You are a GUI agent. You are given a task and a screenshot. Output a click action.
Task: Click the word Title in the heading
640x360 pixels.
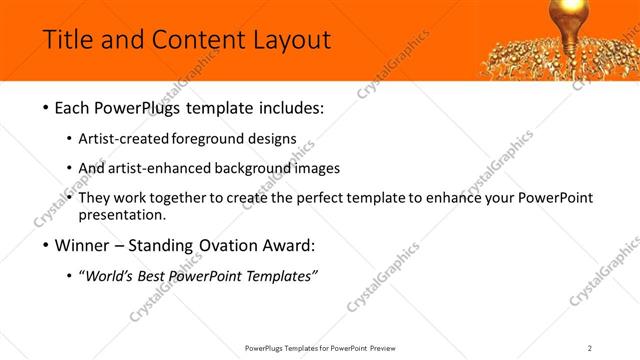(68, 40)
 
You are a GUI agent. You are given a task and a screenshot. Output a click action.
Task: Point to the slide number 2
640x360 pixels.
(590, 347)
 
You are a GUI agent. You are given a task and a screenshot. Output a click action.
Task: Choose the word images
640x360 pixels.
(317, 168)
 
